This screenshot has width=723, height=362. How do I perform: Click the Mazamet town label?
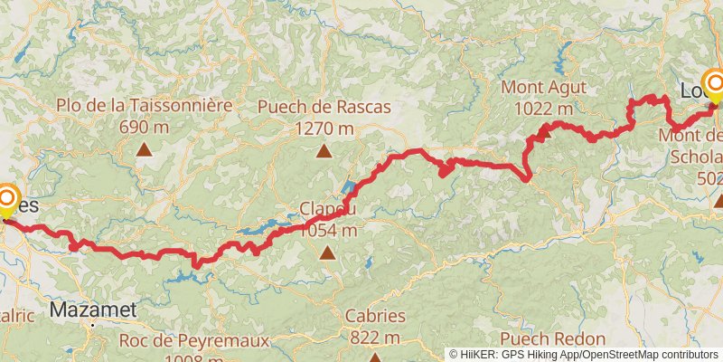click(x=93, y=310)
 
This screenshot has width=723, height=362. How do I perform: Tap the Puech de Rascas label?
click(x=324, y=107)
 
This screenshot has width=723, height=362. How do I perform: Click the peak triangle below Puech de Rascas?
click(x=324, y=151)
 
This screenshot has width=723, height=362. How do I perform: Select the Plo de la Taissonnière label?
click(x=144, y=105)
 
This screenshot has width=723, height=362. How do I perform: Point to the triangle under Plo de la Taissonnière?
click(x=144, y=151)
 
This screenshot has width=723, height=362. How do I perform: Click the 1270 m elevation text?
click(x=324, y=128)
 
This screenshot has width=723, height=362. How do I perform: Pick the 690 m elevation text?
click(x=144, y=127)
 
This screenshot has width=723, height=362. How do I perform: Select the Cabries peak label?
click(x=374, y=317)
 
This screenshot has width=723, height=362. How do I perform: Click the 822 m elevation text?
click(x=374, y=338)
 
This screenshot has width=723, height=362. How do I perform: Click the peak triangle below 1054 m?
click(x=326, y=253)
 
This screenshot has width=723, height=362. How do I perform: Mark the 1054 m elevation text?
click(x=326, y=230)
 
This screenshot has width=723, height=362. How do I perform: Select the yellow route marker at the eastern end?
click(x=715, y=87)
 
